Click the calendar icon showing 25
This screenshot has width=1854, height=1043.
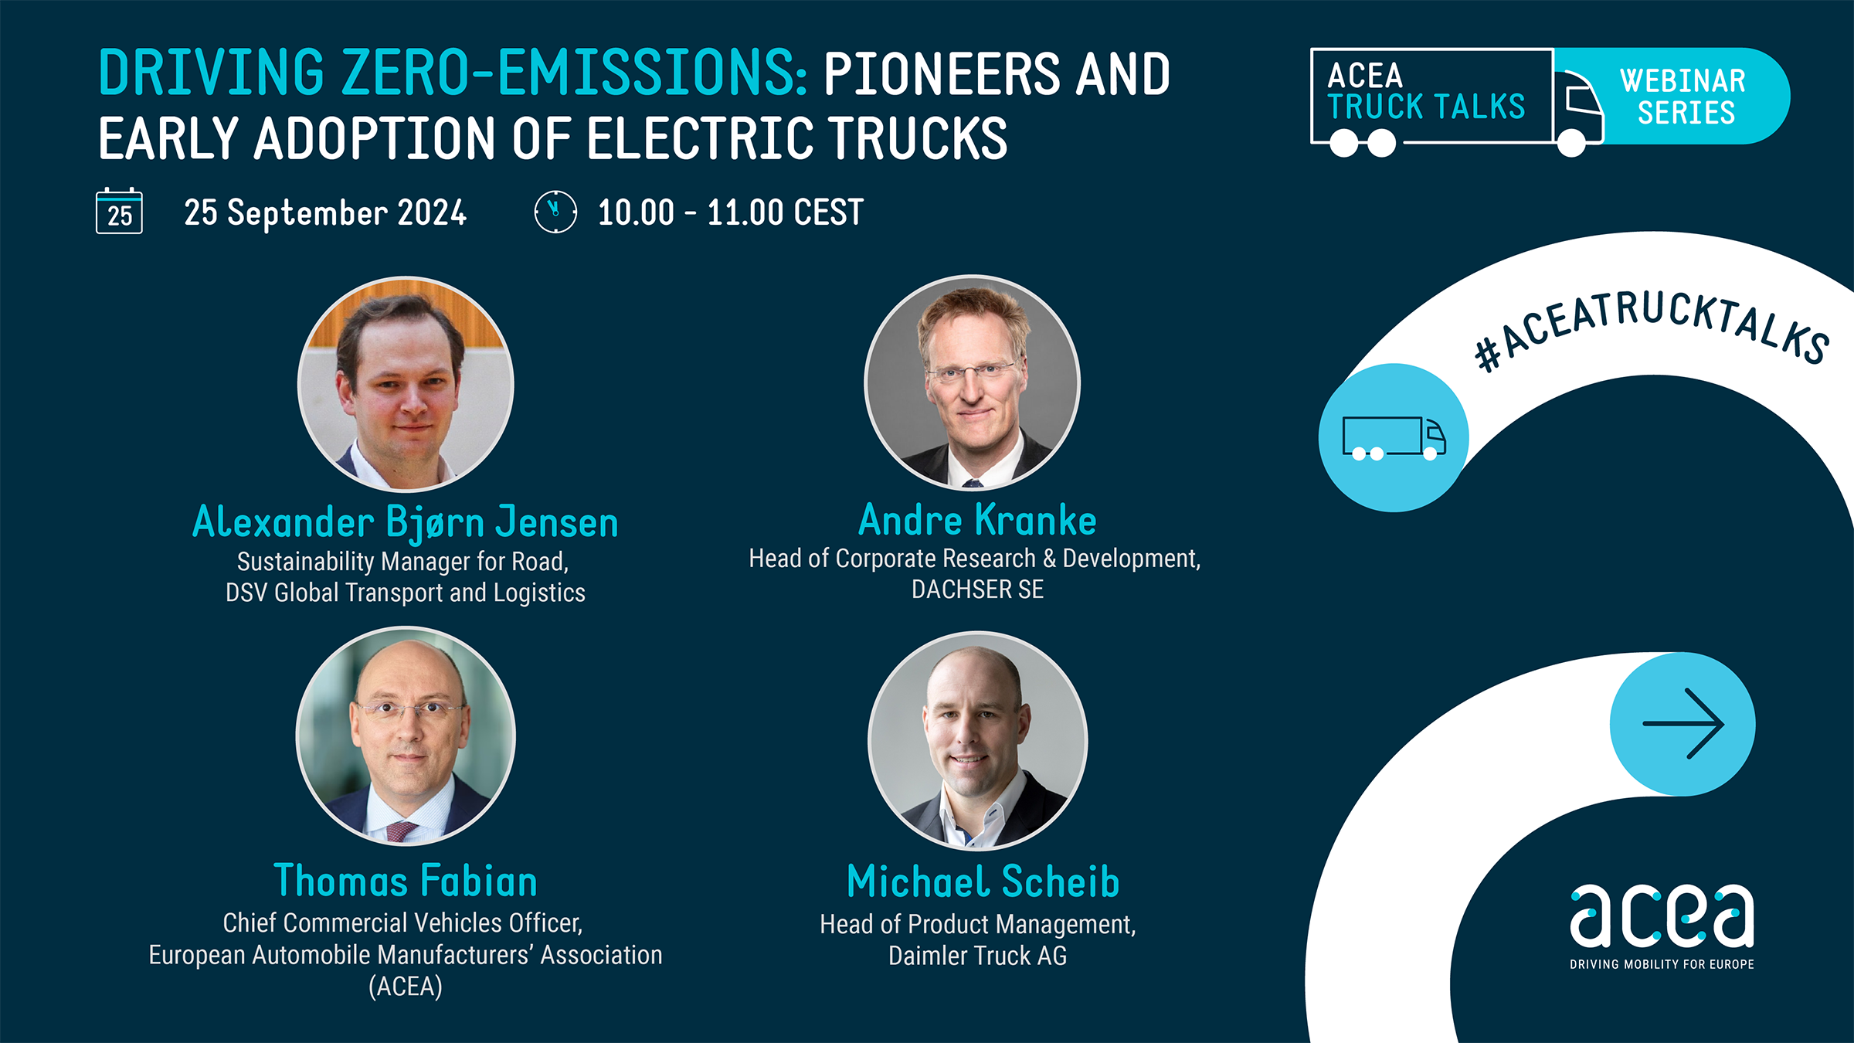tap(119, 211)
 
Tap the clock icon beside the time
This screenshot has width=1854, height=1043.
tap(555, 212)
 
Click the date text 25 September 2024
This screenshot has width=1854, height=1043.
tap(325, 212)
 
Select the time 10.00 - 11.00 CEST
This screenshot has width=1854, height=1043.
tap(731, 212)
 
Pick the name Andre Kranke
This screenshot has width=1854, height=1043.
tap(977, 519)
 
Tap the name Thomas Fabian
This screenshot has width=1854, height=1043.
tap(406, 881)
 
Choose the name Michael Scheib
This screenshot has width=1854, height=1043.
tap(983, 882)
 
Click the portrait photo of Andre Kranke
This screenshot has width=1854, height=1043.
tap(973, 382)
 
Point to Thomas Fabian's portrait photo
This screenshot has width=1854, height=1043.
tap(406, 736)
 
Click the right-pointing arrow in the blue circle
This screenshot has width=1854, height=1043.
tap(1683, 724)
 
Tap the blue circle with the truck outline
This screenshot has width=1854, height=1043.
tap(1394, 437)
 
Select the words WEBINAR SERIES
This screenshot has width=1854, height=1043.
tap(1684, 97)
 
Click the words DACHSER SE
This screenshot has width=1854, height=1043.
tap(977, 589)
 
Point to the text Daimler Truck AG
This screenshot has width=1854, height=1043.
tap(977, 956)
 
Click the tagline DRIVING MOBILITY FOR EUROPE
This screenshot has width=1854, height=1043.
tap(1662, 964)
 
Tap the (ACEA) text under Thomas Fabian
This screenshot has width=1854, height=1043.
tap(406, 987)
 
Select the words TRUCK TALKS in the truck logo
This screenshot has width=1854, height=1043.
tap(1427, 107)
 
